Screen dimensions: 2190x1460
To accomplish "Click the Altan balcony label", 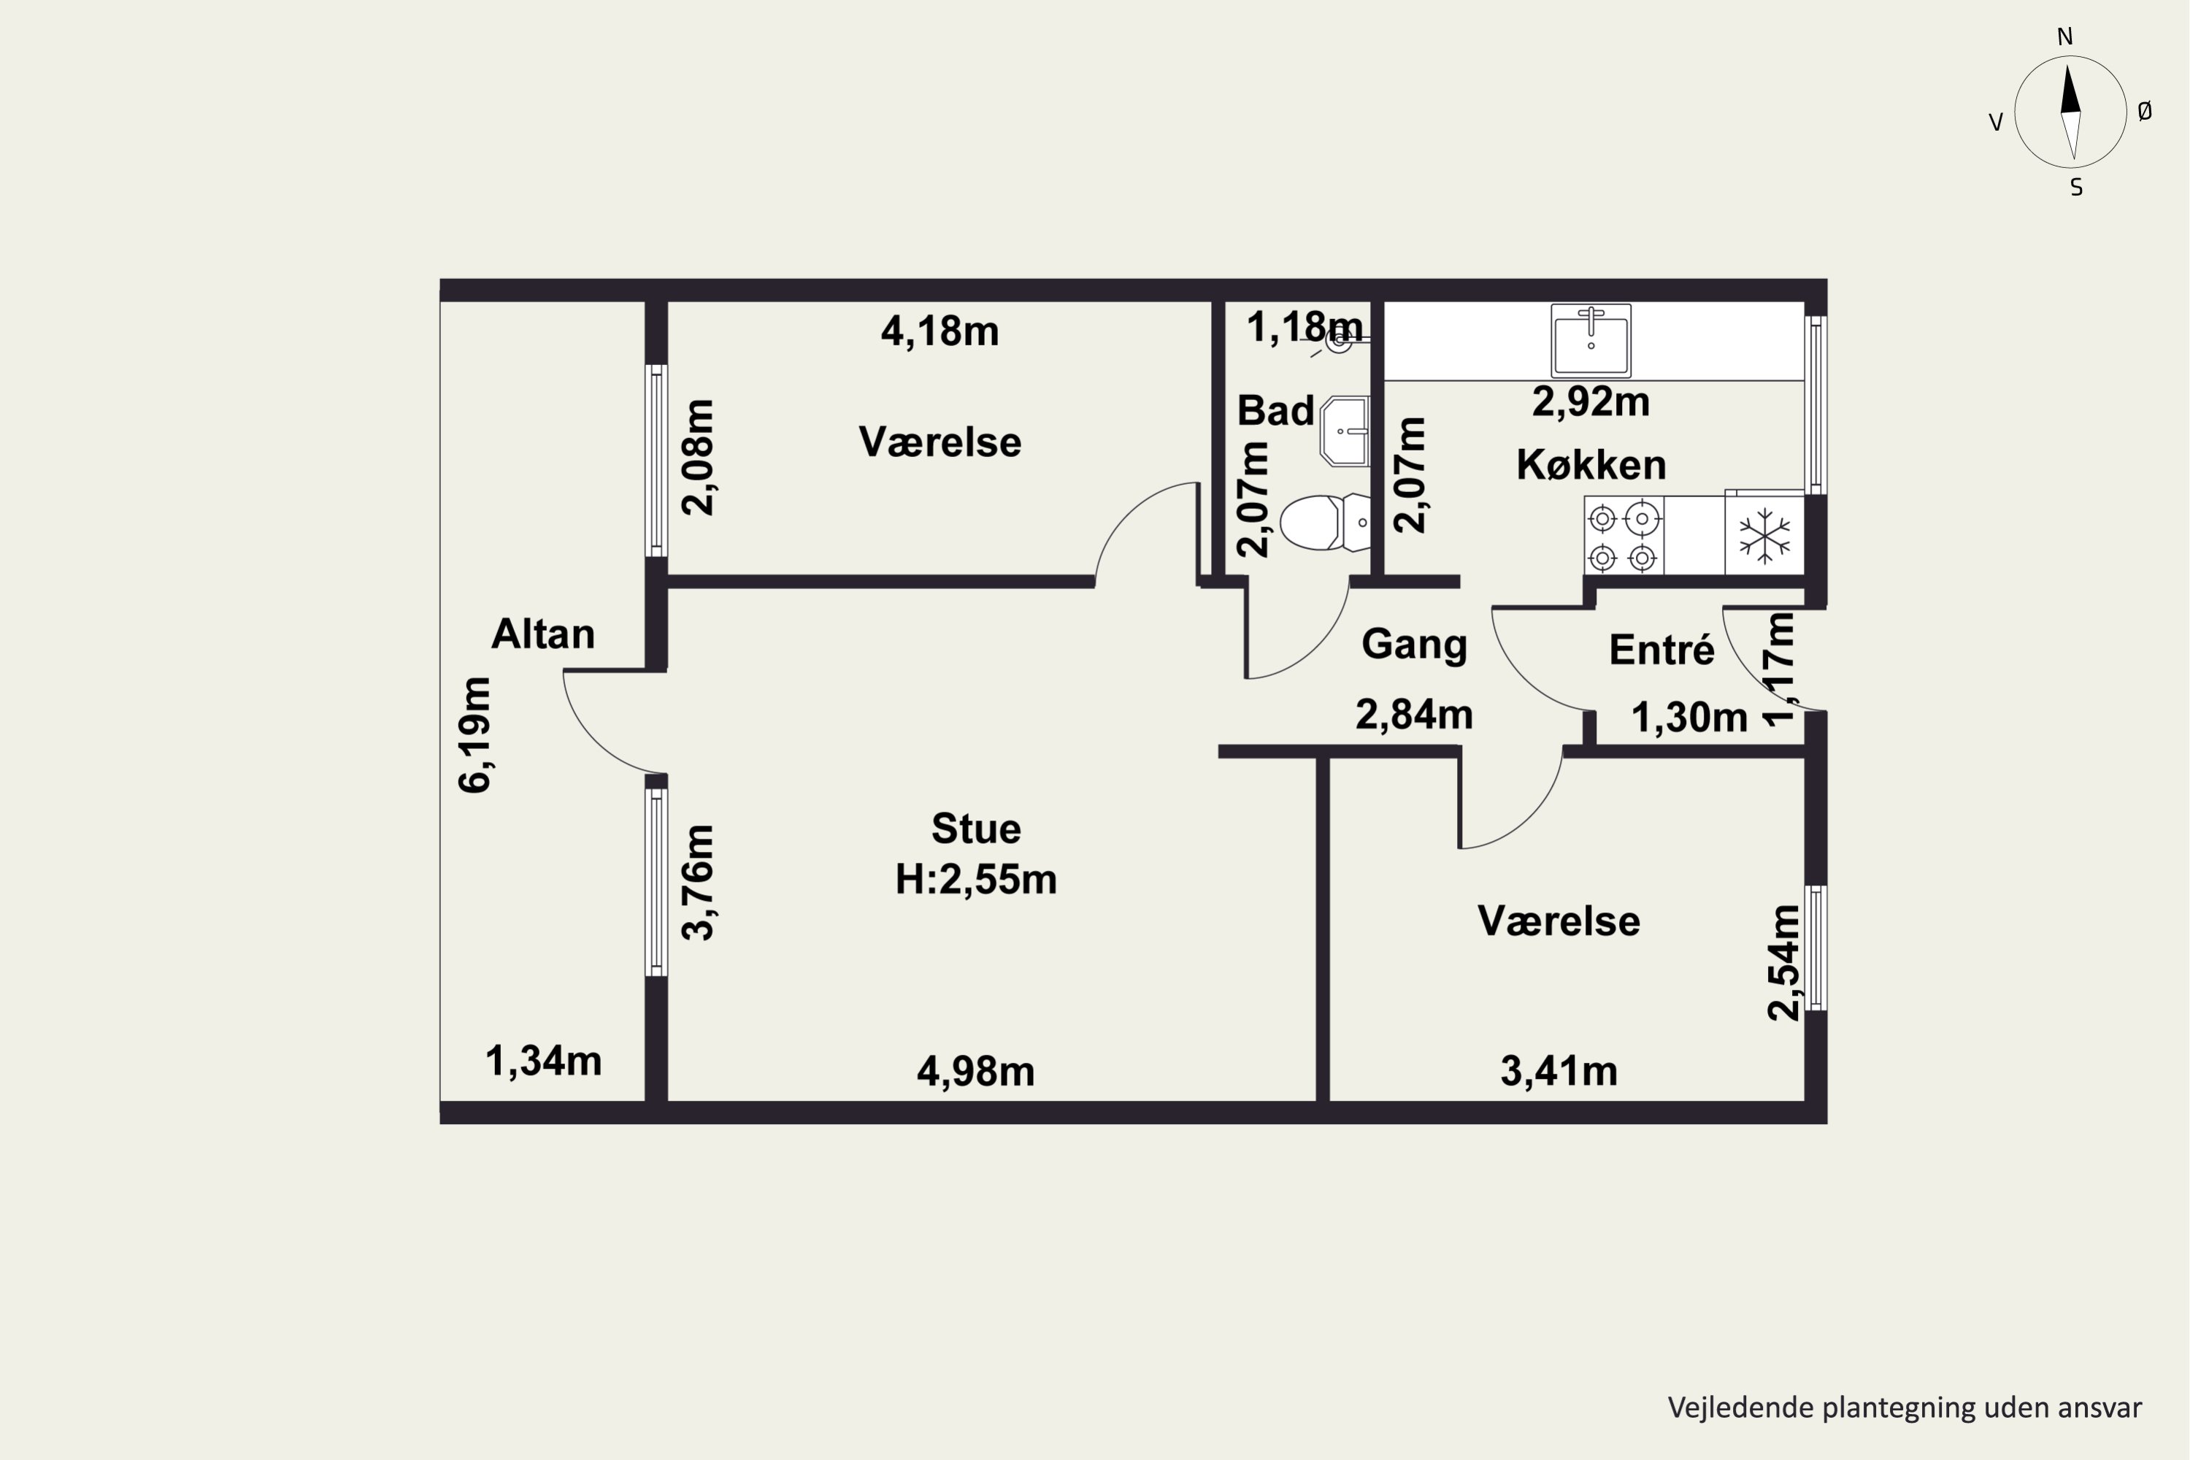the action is point(543,634).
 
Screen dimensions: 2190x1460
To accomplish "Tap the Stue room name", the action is point(976,829).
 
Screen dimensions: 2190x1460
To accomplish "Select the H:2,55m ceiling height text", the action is point(976,880).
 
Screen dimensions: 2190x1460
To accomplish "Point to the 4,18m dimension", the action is point(940,331).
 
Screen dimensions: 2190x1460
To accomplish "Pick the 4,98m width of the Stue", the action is point(976,1072).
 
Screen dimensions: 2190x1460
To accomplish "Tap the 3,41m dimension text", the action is point(1559,1072).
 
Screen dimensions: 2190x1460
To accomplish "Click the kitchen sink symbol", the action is point(1591,341).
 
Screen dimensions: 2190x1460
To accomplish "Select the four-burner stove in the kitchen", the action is point(1624,535).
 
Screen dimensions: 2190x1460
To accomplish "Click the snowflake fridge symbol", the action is point(1764,535).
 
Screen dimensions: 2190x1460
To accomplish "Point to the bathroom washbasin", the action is point(1345,431).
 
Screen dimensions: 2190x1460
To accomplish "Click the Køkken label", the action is point(1591,464).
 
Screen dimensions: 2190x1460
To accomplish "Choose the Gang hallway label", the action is point(1415,645).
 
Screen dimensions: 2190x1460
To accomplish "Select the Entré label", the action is point(1662,650).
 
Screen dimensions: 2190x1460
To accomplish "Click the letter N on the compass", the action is point(2064,36).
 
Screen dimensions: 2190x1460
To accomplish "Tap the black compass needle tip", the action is point(2068,65).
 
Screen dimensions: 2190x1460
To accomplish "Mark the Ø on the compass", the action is point(2145,112).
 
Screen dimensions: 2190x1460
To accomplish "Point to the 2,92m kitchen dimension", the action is point(1591,402).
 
